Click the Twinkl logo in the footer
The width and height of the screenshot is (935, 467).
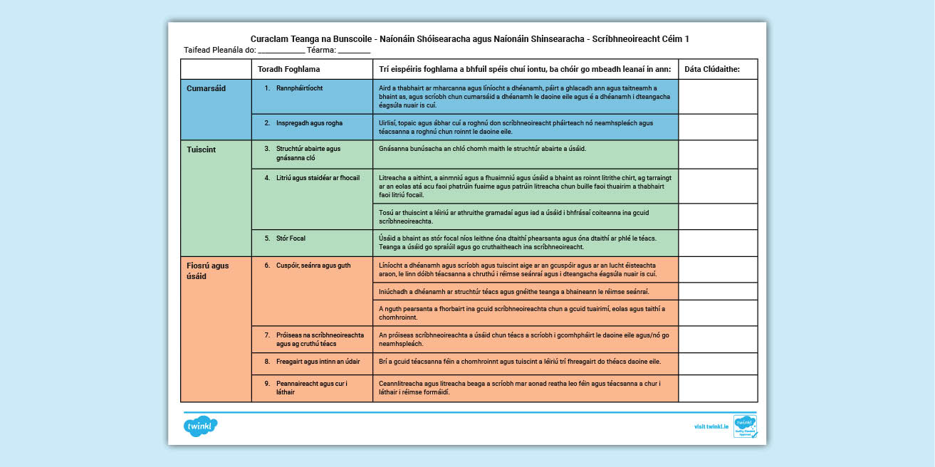click(x=200, y=426)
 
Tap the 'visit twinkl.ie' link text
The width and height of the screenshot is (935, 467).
click(x=711, y=426)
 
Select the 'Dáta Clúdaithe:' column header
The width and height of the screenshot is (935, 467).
click(x=712, y=69)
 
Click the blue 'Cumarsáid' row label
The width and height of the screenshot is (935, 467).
click(x=207, y=88)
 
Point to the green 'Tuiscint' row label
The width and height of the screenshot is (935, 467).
click(x=202, y=150)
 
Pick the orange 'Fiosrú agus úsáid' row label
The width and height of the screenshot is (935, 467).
click(x=208, y=271)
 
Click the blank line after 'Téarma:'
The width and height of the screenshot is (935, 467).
click(x=354, y=51)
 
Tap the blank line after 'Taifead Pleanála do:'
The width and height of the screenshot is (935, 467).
click(x=281, y=51)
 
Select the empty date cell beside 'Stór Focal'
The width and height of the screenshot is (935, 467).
click(x=718, y=243)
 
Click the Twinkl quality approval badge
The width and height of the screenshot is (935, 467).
click(x=745, y=426)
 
